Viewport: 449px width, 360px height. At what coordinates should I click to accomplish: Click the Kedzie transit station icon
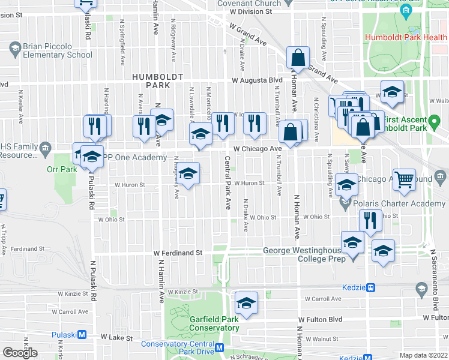click(371, 288)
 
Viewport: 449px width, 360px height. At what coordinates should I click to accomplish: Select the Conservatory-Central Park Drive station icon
click(220, 347)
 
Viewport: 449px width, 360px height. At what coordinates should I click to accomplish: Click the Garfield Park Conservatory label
click(214, 324)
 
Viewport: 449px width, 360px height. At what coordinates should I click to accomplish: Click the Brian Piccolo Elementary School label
click(58, 51)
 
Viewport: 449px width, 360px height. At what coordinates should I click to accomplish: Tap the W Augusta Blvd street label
click(258, 80)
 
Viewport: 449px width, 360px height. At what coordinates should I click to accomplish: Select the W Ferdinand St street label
click(178, 253)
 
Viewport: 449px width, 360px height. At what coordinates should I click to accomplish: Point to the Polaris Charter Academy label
click(400, 203)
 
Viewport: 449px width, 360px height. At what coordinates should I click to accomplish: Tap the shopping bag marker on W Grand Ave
click(298, 59)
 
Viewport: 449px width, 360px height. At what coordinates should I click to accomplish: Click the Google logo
click(19, 352)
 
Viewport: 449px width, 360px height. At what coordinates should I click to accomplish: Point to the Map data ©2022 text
click(424, 355)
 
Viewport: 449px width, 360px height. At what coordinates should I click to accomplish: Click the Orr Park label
click(62, 169)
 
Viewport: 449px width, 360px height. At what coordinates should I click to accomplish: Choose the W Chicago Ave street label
click(258, 148)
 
